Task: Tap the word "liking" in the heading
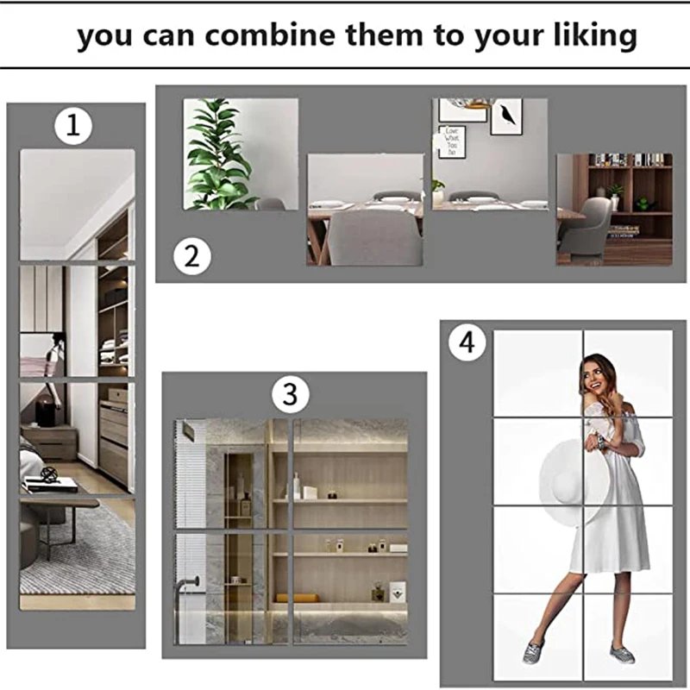pyautogui.click(x=595, y=36)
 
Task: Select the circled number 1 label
pyautogui.click(x=73, y=126)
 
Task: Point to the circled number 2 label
pyautogui.click(x=191, y=256)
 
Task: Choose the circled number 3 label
pyautogui.click(x=290, y=394)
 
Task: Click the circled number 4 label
pyautogui.click(x=467, y=342)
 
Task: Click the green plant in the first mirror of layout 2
pyautogui.click(x=219, y=154)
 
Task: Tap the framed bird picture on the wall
pyautogui.click(x=506, y=116)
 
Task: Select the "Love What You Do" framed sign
pyautogui.click(x=452, y=141)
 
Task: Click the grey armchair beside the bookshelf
pyautogui.click(x=586, y=228)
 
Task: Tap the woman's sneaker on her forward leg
pyautogui.click(x=533, y=652)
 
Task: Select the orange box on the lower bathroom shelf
pyautogui.click(x=298, y=598)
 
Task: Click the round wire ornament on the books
pyautogui.click(x=50, y=475)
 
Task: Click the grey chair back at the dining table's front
pyautogui.click(x=374, y=238)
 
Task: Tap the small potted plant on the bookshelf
pyautogui.click(x=615, y=191)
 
